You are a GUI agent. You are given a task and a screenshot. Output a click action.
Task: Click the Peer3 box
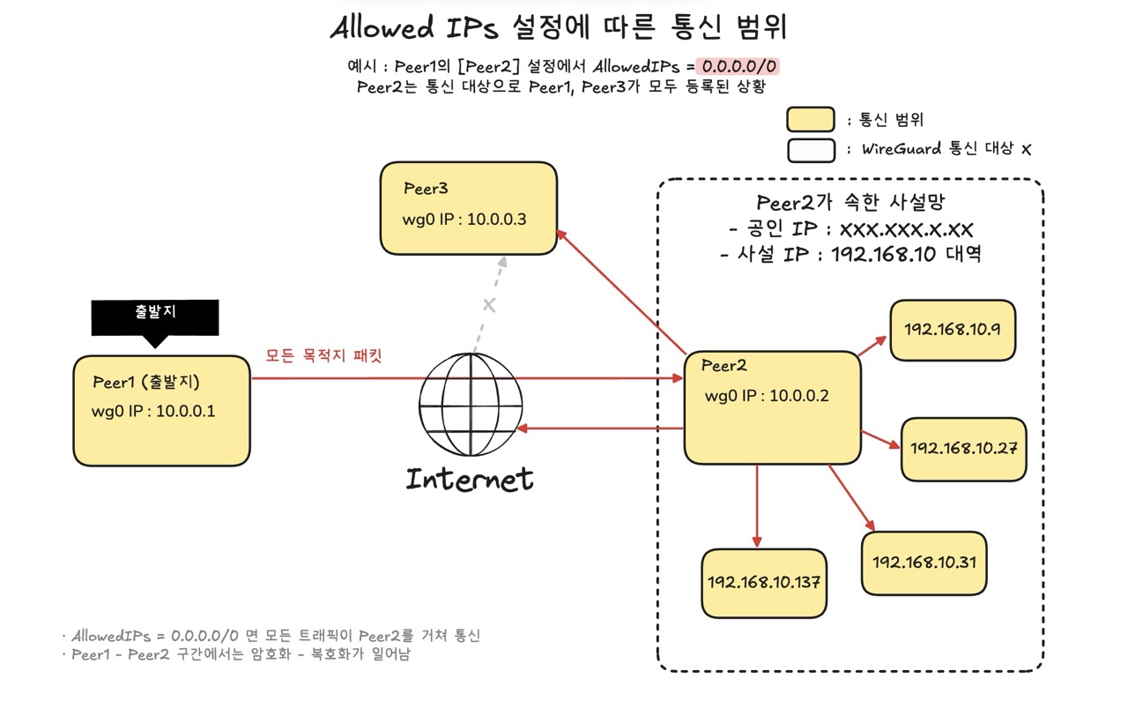[x=468, y=208]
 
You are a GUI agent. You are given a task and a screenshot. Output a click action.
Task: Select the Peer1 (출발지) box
[x=161, y=411]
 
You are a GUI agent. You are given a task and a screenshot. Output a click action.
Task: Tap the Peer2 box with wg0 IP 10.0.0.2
[x=772, y=407]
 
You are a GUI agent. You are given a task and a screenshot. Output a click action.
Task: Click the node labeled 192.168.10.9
[x=953, y=330]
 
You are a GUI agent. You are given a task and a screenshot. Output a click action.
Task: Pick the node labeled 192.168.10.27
[x=963, y=449]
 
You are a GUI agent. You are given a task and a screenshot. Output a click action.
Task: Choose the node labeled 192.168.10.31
[x=924, y=563]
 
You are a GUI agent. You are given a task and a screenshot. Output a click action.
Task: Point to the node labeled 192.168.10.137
[x=764, y=583]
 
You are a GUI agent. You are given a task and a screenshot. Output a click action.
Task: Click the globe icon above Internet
[x=471, y=404]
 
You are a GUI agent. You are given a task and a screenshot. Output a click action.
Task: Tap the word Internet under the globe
[x=470, y=479]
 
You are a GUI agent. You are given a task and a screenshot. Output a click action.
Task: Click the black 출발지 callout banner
[x=155, y=319]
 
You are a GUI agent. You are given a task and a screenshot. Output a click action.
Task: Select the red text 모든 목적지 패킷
[x=323, y=355]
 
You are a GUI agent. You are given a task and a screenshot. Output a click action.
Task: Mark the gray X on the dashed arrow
[x=489, y=305]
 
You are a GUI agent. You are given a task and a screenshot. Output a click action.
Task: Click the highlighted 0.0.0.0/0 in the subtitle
[x=738, y=66]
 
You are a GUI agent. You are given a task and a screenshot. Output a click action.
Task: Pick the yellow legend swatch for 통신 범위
[x=810, y=119]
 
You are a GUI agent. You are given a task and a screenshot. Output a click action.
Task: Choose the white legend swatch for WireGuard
[x=811, y=150]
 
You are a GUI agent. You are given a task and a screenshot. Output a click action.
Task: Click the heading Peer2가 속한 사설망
[x=850, y=203]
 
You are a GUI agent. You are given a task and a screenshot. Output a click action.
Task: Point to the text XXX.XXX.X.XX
[x=906, y=230]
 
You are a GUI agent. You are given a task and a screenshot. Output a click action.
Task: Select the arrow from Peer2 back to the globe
[x=600, y=429]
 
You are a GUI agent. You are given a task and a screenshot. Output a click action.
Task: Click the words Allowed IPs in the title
[x=414, y=27]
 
